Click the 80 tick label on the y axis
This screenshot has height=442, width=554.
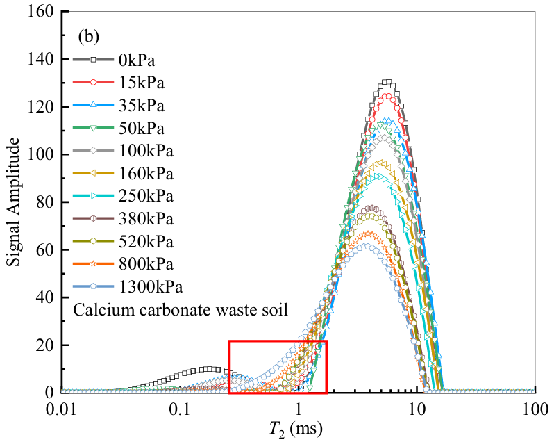[46, 202]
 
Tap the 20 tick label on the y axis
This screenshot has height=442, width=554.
[46, 345]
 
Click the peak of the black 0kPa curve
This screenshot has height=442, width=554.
[387, 82]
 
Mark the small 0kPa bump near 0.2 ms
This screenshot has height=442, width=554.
[208, 369]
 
